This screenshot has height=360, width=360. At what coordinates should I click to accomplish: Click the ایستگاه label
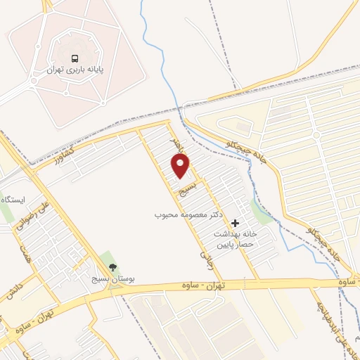coord(13,200)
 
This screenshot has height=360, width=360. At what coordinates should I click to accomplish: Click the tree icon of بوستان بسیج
coord(112,267)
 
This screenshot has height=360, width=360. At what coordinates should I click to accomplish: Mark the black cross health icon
coord(235,223)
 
